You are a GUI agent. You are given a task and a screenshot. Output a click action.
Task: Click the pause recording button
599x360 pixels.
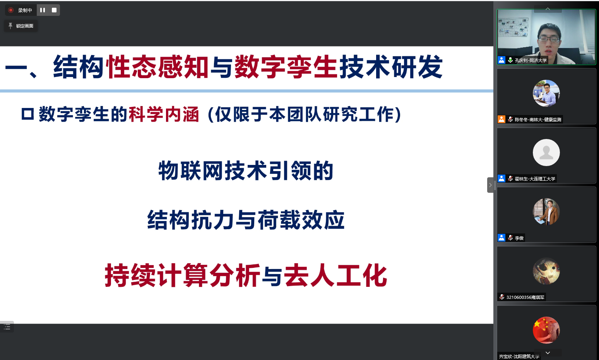pos(43,10)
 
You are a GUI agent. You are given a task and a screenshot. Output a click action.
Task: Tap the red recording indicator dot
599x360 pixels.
pos(11,10)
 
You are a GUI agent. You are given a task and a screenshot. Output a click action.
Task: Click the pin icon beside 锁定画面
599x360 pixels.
pos(10,26)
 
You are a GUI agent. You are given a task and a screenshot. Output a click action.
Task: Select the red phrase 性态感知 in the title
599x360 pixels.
pos(157,67)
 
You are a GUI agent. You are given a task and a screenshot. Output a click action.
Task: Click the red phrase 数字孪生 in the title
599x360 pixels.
pos(286,67)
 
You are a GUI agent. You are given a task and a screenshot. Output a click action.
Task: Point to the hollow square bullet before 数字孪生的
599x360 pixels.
pos(27,114)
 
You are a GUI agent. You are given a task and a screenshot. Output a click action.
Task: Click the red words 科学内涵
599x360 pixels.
pos(164,114)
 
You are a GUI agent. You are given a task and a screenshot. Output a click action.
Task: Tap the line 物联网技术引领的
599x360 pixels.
pos(246,171)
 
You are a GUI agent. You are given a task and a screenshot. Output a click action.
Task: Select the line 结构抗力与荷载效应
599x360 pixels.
pos(246,220)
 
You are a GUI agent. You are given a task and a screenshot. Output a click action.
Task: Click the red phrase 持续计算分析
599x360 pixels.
pos(182,275)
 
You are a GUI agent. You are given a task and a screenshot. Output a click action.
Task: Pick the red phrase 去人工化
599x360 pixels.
pos(335,275)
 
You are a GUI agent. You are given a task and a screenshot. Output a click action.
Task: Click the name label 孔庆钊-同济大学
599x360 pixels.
pos(531,60)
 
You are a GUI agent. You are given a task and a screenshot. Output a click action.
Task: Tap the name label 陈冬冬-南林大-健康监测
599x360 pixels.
pos(538,120)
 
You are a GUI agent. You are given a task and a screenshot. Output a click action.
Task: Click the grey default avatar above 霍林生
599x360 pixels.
pos(546,153)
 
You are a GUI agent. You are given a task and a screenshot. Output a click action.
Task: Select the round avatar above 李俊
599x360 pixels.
pos(546,212)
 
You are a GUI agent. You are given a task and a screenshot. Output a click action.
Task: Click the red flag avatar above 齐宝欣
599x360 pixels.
pos(546,330)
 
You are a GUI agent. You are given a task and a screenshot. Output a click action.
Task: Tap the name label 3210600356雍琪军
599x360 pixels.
pos(525,297)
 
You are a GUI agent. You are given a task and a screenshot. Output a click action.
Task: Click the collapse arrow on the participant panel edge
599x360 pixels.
pos(490,185)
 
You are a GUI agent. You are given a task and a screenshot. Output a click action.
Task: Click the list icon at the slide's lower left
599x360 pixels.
pos(7,327)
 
